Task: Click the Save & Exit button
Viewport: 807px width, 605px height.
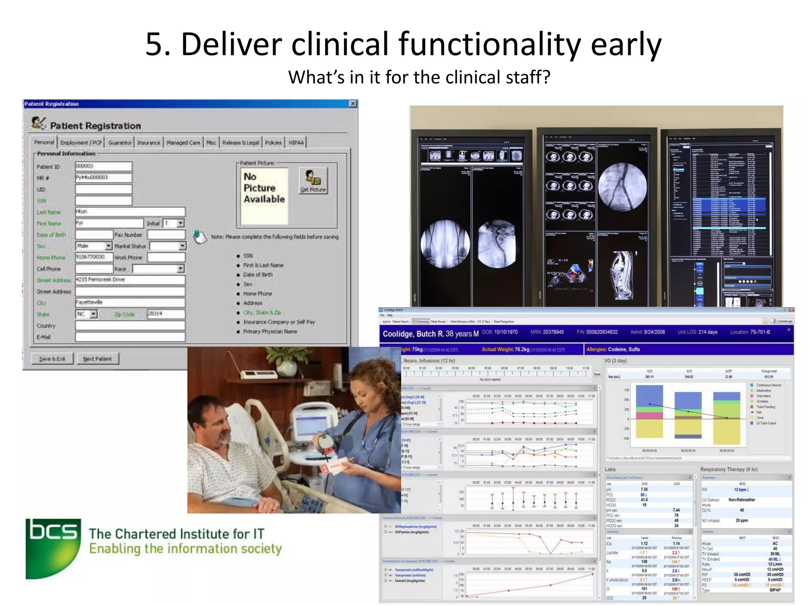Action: pyautogui.click(x=52, y=359)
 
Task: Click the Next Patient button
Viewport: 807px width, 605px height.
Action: pyautogui.click(x=97, y=359)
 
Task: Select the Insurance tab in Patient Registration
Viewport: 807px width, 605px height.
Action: pyautogui.click(x=149, y=143)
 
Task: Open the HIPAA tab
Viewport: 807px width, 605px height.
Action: pyautogui.click(x=296, y=143)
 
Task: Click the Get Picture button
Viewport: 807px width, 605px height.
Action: pyautogui.click(x=313, y=181)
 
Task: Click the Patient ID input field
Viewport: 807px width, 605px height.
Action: pyautogui.click(x=103, y=166)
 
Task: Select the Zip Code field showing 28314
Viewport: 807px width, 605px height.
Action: pyautogui.click(x=165, y=314)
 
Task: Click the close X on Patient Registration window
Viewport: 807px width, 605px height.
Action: pyautogui.click(x=353, y=104)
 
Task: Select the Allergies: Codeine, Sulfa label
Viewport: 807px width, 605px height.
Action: pyautogui.click(x=613, y=349)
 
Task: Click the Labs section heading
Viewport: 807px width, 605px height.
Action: pyautogui.click(x=610, y=470)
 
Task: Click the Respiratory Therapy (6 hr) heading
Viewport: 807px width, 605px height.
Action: pyautogui.click(x=729, y=470)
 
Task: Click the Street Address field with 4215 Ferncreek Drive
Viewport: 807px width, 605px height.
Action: pyautogui.click(x=130, y=280)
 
